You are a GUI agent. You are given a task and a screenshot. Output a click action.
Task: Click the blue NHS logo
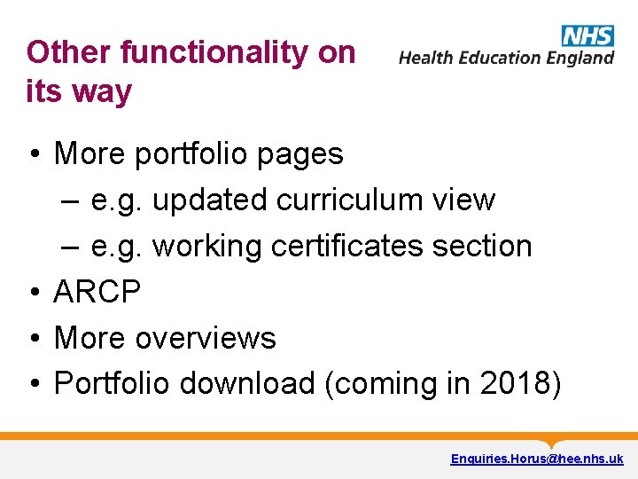[587, 35]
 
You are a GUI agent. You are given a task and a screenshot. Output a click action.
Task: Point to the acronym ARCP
[97, 291]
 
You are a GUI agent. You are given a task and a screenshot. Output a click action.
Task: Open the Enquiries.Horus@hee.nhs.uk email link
[537, 459]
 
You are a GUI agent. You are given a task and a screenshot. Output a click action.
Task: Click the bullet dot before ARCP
[33, 292]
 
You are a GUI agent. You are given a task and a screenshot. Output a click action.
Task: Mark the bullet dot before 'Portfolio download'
[33, 384]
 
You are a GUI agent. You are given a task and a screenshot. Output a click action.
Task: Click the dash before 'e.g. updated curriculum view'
[73, 200]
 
